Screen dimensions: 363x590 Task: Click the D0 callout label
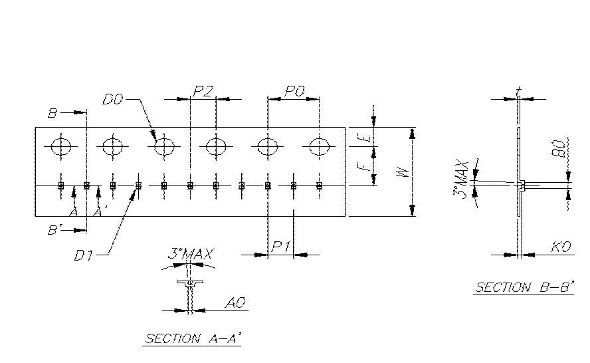coord(113,100)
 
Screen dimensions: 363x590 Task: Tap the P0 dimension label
coord(293,92)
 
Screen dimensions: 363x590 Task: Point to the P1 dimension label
coord(280,247)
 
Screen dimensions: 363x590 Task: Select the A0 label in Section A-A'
coord(235,303)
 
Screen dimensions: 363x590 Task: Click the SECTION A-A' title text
coord(193,339)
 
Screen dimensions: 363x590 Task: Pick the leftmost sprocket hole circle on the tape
coord(61,146)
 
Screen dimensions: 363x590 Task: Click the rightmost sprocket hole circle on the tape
coord(319,146)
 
